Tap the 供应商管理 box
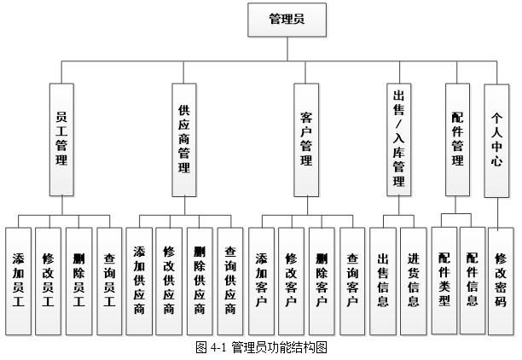[183, 140]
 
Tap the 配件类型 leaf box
[444, 280]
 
